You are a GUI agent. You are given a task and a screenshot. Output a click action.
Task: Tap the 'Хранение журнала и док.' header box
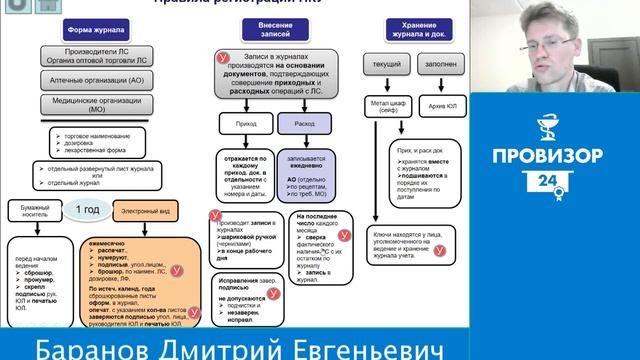coord(420,28)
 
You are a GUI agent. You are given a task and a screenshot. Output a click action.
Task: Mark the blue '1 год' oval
coord(84,209)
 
